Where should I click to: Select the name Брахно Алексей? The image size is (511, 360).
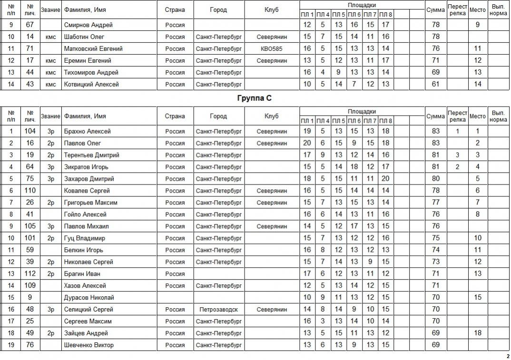(x=88, y=131)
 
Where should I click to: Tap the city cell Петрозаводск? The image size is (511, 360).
(x=219, y=310)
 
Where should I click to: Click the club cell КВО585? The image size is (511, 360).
(x=272, y=49)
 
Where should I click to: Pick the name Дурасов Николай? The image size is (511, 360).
(x=89, y=298)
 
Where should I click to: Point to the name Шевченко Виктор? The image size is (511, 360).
(x=89, y=345)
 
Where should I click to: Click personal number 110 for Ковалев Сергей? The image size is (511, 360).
(x=30, y=191)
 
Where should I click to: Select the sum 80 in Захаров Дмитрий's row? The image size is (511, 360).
(x=435, y=179)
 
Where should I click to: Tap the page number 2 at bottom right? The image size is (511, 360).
(x=508, y=356)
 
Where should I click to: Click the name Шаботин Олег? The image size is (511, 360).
(x=84, y=37)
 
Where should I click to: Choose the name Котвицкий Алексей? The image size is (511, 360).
(x=91, y=84)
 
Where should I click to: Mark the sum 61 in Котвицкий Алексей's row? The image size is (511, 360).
(x=435, y=84)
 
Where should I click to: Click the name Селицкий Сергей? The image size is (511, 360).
(x=88, y=310)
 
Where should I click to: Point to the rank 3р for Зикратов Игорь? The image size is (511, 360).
(x=51, y=167)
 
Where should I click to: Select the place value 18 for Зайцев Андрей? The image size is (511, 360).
(x=478, y=333)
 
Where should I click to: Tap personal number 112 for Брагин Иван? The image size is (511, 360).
(x=30, y=274)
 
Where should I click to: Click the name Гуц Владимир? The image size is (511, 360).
(x=85, y=238)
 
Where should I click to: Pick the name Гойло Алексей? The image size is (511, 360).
(x=85, y=214)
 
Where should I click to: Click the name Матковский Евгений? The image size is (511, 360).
(x=93, y=49)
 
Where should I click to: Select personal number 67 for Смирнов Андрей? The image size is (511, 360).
(x=30, y=25)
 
